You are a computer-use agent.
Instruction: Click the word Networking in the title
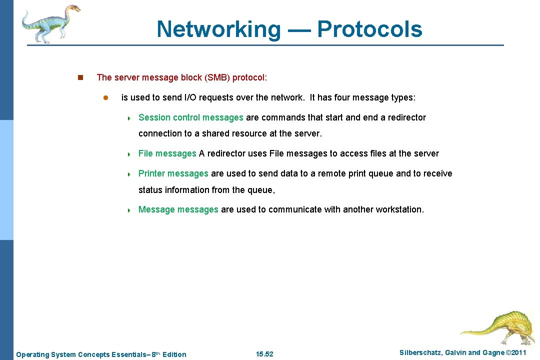point(219,29)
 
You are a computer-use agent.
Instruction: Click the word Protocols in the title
point(369,29)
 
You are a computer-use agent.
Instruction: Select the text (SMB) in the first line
point(216,77)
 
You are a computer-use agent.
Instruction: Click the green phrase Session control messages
point(190,117)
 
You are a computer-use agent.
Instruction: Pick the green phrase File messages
point(167,153)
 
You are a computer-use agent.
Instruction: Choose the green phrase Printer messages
point(173,173)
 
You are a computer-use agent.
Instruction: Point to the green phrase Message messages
point(178,209)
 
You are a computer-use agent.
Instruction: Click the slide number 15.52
point(264,354)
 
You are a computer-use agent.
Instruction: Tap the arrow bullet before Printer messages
point(129,174)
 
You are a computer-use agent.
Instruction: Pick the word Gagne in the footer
point(493,353)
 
